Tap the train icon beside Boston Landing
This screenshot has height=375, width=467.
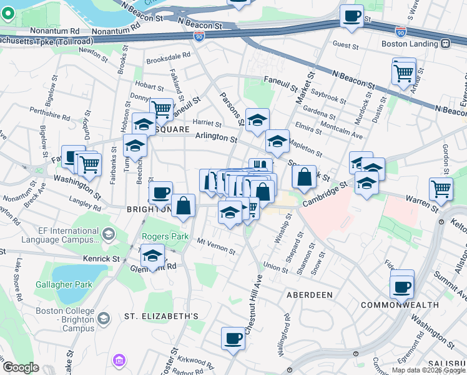point(445,44)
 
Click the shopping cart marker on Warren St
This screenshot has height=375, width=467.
point(441,187)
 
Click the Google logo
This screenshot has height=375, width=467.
point(20,367)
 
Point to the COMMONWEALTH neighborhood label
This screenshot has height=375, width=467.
point(396,305)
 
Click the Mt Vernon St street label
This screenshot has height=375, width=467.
point(216,246)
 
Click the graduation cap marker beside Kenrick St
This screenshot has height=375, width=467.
point(152,255)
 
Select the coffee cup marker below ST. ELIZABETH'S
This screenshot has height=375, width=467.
point(233,338)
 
